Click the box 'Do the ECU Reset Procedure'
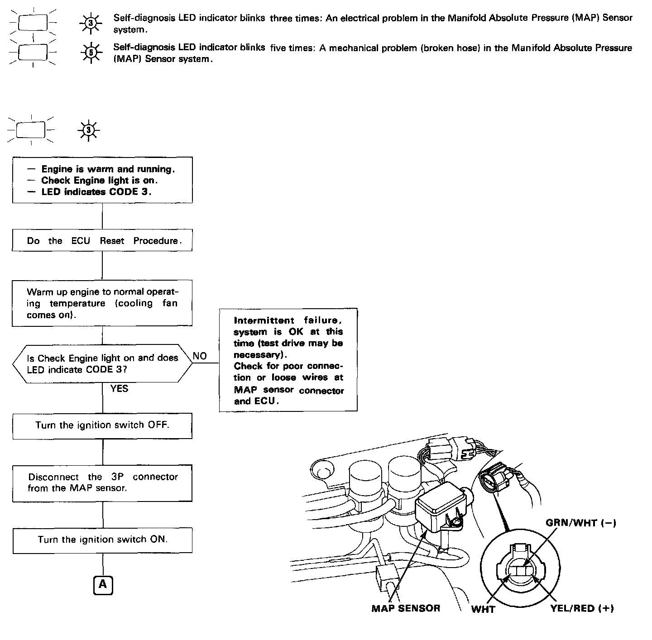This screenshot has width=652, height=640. click(102, 240)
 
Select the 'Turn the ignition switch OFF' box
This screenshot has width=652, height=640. click(102, 425)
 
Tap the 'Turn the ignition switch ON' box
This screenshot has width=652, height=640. click(102, 540)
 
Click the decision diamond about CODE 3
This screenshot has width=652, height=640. click(102, 363)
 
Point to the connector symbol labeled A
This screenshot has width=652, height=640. click(103, 585)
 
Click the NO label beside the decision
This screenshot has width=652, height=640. click(200, 356)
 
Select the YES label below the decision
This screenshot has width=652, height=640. click(119, 389)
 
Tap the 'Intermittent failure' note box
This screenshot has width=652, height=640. click(288, 360)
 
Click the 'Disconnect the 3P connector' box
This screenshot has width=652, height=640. click(102, 482)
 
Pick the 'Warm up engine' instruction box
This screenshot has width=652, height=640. click(102, 303)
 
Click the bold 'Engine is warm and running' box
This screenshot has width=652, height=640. click(102, 180)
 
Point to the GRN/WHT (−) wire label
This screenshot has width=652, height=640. click(580, 523)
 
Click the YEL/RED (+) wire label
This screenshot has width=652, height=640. click(582, 609)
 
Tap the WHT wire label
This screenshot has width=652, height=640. click(483, 609)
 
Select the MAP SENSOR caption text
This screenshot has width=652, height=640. click(406, 608)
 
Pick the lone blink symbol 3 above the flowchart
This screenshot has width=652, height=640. click(89, 131)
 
